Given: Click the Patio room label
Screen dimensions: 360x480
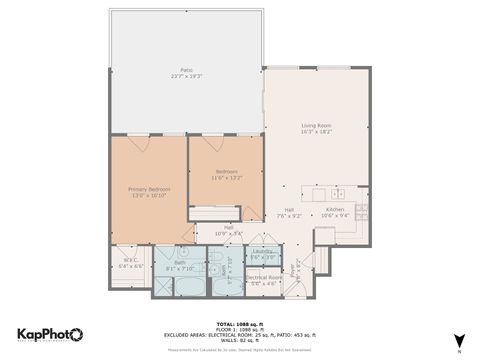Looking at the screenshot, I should pyautogui.click(x=185, y=69).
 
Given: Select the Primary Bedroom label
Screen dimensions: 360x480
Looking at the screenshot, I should pyautogui.click(x=148, y=188).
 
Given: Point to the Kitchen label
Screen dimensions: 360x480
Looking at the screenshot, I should pyautogui.click(x=334, y=208).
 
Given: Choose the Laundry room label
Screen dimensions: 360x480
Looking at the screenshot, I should pyautogui.click(x=263, y=251).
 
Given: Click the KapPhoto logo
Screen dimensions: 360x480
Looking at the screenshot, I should pyautogui.click(x=50, y=334).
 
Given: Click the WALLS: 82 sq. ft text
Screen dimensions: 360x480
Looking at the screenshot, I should pyautogui.click(x=240, y=341).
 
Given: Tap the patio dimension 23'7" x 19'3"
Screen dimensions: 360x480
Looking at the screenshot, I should pyautogui.click(x=185, y=76).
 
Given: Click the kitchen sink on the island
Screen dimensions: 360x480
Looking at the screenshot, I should pyautogui.click(x=338, y=193).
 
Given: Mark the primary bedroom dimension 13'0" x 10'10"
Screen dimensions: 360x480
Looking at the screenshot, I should pyautogui.click(x=148, y=195).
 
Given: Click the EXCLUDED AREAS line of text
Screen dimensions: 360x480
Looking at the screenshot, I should pyautogui.click(x=240, y=334).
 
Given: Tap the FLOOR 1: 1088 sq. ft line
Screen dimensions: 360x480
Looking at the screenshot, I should pyautogui.click(x=240, y=328).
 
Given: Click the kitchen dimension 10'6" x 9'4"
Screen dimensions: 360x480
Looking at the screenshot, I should pyautogui.click(x=334, y=215).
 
